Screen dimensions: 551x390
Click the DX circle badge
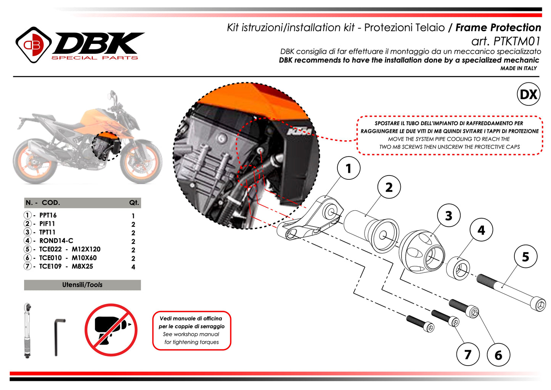[x=529, y=94]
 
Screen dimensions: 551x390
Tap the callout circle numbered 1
[x=349, y=168]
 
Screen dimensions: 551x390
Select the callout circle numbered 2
[x=389, y=187]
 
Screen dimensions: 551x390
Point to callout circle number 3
[x=449, y=216]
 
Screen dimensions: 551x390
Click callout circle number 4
[x=481, y=230]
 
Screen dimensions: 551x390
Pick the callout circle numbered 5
[x=526, y=256]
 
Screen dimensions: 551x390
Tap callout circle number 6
[x=498, y=355]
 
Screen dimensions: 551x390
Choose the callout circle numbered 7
[x=468, y=354]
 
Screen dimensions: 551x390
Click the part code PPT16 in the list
[x=48, y=215]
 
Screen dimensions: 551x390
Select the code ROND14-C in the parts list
[x=56, y=240]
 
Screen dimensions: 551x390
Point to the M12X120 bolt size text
[x=86, y=249]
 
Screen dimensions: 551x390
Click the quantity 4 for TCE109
[x=133, y=267]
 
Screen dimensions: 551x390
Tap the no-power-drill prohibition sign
[x=111, y=330]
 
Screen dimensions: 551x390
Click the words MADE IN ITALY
[x=519, y=68]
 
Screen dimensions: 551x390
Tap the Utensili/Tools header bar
[x=82, y=285]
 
